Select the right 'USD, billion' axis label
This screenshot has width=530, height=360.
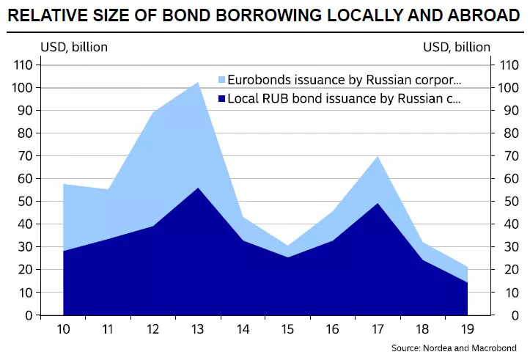[456, 47]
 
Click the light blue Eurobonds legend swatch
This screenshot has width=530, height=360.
[221, 79]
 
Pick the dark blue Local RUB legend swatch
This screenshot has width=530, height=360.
[221, 98]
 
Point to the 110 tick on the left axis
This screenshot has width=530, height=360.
[22, 65]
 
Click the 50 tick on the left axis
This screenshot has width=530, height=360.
[25, 202]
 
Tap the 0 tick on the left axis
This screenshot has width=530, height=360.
[28, 315]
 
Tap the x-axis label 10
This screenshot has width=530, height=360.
[63, 331]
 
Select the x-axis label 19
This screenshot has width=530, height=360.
[466, 331]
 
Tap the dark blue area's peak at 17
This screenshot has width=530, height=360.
[378, 205]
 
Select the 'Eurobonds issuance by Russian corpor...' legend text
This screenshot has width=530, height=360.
[345, 79]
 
